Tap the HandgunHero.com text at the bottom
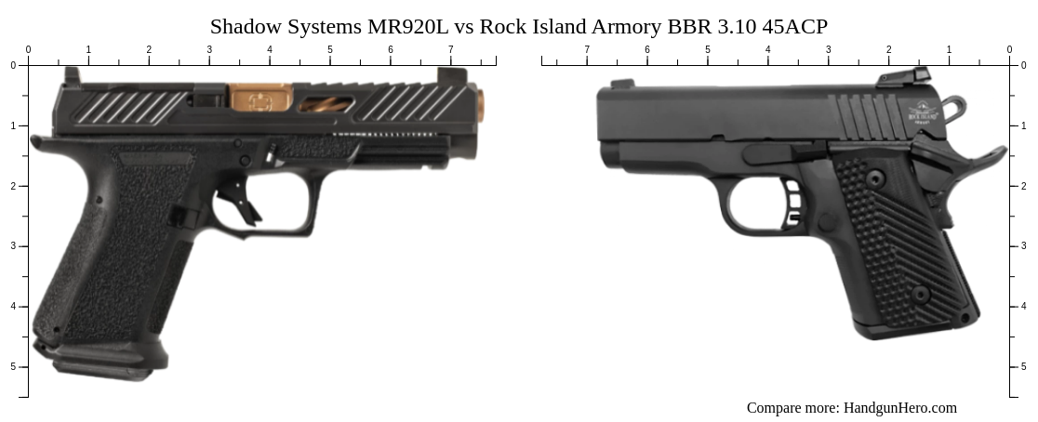pos(899,407)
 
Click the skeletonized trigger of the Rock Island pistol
pos(792,204)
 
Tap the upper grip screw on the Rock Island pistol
pos(874,178)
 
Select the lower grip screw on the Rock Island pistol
pos(920,295)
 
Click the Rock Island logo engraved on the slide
pos(924,112)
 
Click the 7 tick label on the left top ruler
pos(451,50)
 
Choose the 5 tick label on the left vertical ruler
pos(13,367)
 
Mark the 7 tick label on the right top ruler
pos(587,50)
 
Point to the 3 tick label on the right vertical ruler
pos(1024,246)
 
